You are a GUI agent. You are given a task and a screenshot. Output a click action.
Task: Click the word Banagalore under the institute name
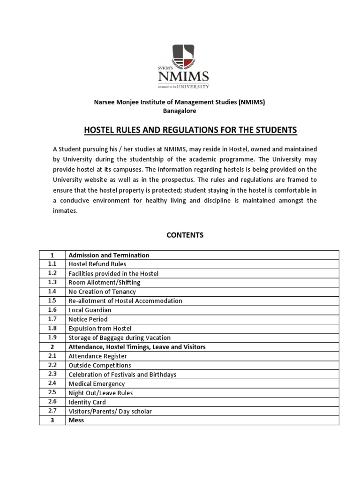click(180, 111)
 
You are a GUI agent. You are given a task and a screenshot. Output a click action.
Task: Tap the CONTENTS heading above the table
click(185, 235)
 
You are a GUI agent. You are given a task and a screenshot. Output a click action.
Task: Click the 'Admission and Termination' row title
click(109, 255)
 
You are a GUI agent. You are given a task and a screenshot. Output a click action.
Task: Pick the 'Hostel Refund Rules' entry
click(97, 264)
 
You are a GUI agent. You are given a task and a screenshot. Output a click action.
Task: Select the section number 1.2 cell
click(52, 273)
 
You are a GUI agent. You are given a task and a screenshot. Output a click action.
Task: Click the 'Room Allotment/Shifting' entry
click(104, 283)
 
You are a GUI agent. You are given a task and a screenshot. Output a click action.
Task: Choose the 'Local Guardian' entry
click(90, 310)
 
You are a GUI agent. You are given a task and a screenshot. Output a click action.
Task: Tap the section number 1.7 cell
click(52, 319)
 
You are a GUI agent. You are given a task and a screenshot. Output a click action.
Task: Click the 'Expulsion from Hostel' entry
click(100, 328)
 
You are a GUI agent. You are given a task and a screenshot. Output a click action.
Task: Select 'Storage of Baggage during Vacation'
click(120, 337)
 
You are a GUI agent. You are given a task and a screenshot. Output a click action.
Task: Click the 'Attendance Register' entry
click(97, 356)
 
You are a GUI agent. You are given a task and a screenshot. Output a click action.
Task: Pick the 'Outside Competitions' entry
click(99, 365)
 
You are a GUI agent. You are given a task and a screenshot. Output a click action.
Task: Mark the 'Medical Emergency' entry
click(97, 383)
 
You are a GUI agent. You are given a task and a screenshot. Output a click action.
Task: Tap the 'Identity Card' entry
click(87, 402)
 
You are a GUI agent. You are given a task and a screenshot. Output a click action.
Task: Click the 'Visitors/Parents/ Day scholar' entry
click(110, 411)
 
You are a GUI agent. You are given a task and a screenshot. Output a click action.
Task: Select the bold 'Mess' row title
click(76, 420)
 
